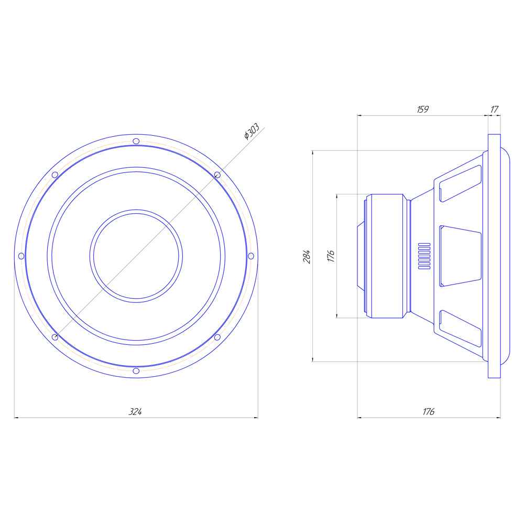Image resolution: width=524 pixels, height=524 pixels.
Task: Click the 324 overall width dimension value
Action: (x=136, y=412)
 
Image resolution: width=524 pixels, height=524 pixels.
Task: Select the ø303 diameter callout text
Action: (x=252, y=132)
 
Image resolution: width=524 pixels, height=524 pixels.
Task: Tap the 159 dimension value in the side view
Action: (x=423, y=110)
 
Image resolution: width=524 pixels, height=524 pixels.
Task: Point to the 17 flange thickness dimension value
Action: (x=494, y=110)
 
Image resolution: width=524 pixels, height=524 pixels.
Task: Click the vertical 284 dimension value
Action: (x=307, y=256)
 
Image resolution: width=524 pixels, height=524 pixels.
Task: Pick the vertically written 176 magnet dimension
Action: (x=331, y=256)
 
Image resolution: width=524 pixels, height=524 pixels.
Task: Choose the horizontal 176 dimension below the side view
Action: (x=429, y=412)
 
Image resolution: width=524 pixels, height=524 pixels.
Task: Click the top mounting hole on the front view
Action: (x=136, y=141)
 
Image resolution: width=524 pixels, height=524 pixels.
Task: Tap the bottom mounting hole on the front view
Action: (x=136, y=371)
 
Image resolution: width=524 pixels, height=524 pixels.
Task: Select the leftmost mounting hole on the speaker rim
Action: (x=21, y=256)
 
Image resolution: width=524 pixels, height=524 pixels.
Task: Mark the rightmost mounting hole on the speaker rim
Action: (x=250, y=256)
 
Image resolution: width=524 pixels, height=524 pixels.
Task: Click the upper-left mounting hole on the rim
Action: (x=54, y=174)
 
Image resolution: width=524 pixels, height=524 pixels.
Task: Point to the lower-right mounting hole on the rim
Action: (x=217, y=337)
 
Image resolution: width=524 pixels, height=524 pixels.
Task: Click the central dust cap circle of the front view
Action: (x=136, y=256)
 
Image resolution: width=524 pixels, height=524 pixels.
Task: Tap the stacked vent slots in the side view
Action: (x=424, y=256)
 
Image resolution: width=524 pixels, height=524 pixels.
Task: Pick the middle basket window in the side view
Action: (x=460, y=256)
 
